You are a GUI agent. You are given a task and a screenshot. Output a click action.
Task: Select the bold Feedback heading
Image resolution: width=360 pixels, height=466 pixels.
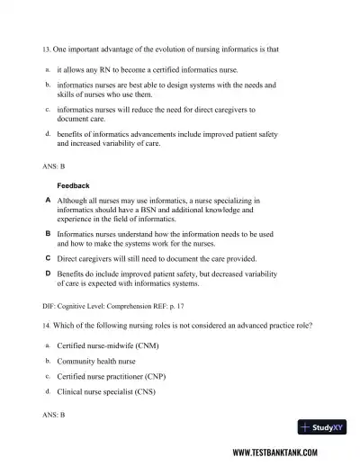(74, 185)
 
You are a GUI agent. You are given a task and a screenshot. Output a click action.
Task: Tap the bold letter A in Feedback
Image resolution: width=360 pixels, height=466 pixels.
(47, 200)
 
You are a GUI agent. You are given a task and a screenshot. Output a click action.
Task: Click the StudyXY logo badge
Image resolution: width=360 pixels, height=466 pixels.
(326, 428)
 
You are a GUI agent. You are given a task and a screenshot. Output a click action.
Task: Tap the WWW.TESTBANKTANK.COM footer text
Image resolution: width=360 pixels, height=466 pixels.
(287, 453)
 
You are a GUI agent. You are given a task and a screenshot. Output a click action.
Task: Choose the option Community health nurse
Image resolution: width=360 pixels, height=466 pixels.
(96, 361)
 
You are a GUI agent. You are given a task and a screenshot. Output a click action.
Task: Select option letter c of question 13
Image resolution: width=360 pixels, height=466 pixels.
(47, 110)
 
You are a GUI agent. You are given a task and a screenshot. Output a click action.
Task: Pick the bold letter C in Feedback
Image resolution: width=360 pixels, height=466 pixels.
(47, 256)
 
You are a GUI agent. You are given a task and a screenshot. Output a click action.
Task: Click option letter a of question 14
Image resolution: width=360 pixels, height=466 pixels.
(47, 345)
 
